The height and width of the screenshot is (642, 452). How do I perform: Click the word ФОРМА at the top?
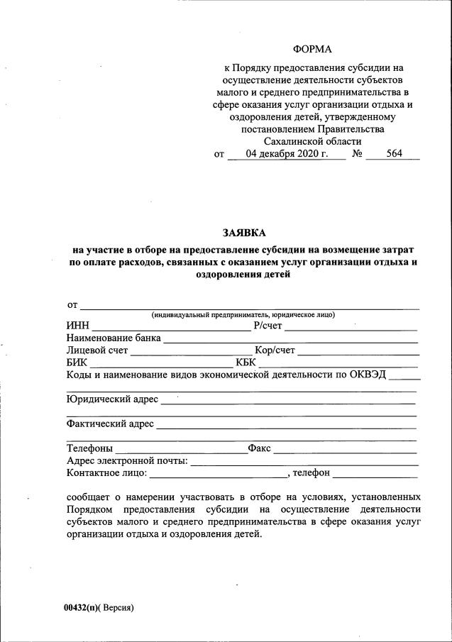click(312, 49)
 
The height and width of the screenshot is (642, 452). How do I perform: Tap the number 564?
click(395, 154)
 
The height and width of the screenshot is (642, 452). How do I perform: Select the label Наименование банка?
click(114, 338)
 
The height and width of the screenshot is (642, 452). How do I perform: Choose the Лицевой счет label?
click(97, 350)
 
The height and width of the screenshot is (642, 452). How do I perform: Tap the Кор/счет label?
click(275, 350)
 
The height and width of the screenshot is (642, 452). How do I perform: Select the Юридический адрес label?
click(112, 399)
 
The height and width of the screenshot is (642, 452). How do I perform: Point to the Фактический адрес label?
click(110, 424)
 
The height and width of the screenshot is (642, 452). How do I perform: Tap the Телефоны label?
click(89, 449)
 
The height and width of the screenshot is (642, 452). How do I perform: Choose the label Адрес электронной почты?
click(126, 461)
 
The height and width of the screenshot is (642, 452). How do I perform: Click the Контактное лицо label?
click(106, 473)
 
